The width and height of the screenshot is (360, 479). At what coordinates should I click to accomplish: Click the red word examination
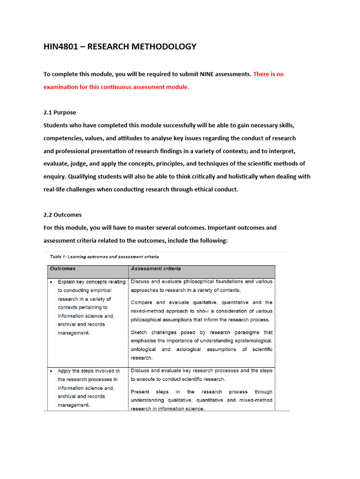[x=63, y=87]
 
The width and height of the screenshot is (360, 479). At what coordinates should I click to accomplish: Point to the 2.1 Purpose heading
[x=60, y=113]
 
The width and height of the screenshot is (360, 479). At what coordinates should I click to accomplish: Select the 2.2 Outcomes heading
[x=62, y=215]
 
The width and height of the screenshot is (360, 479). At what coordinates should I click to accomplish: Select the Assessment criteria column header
[x=156, y=269]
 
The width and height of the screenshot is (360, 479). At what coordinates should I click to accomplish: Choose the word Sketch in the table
[x=140, y=333]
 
